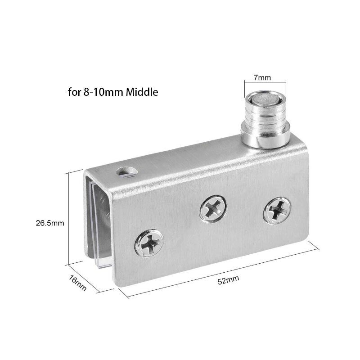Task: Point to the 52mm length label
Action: click(x=228, y=281)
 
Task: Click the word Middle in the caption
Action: click(x=142, y=93)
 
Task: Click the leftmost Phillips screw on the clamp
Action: click(x=149, y=243)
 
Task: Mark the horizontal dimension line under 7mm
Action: click(x=265, y=83)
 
